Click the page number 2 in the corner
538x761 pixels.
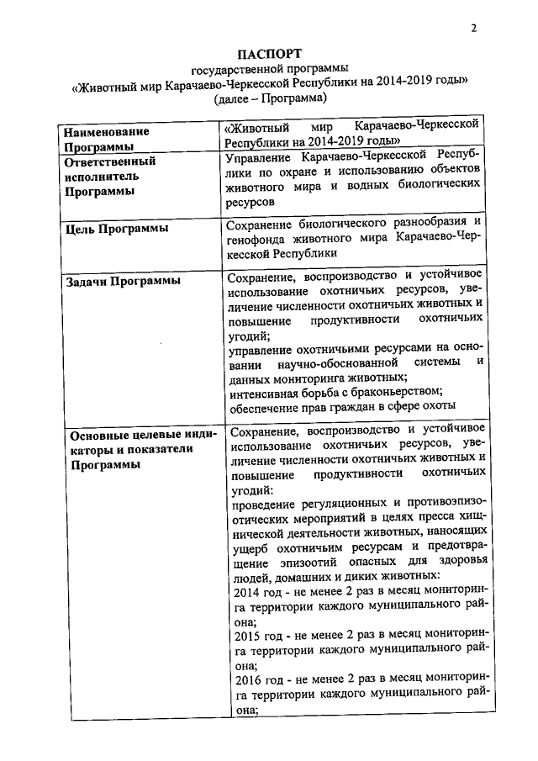click(x=474, y=27)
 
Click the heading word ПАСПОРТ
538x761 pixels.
click(x=269, y=53)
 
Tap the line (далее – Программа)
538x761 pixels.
click(x=270, y=98)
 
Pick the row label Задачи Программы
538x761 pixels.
click(x=123, y=281)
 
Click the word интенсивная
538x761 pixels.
click(x=266, y=391)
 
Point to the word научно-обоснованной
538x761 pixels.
click(x=336, y=362)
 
